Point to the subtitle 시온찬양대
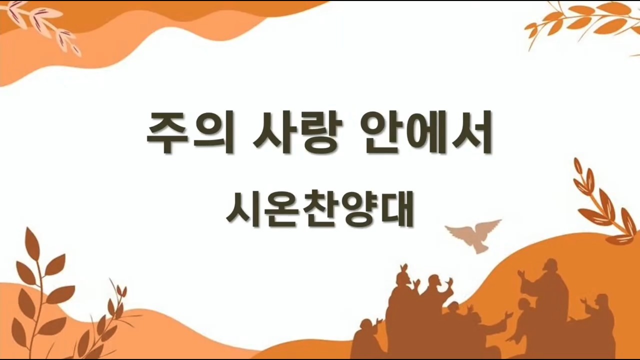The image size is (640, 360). coord(319,209)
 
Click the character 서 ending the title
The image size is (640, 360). coord(471,132)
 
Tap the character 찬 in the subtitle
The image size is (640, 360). coord(319,209)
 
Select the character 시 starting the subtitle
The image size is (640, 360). coord(243,209)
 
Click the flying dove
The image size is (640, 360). coord(473,235)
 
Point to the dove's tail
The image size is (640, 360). coord(480,248)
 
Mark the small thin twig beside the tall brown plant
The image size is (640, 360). coord(105,320)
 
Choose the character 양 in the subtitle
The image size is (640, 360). coord(357,209)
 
